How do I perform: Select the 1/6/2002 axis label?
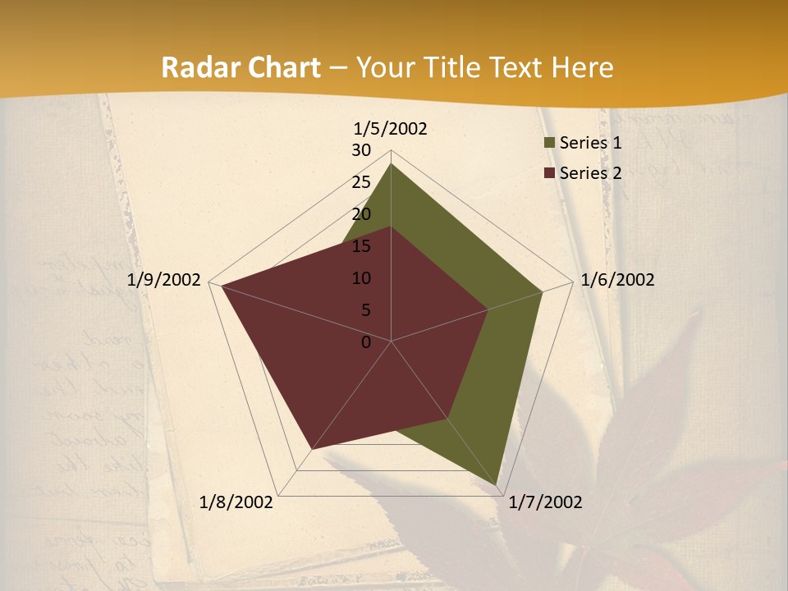[617, 280]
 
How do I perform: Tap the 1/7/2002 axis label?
[545, 502]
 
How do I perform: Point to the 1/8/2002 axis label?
[236, 502]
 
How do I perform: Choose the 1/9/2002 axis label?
[163, 280]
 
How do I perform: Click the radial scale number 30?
[361, 150]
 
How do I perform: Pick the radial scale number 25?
[361, 182]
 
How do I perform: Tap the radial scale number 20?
[361, 214]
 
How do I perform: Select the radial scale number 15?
[361, 246]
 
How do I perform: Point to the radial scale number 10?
[361, 278]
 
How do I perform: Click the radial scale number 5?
[366, 310]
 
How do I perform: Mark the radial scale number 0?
[366, 342]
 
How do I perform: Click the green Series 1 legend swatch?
[549, 144]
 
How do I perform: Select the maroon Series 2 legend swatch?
[549, 173]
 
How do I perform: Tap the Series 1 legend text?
[590, 143]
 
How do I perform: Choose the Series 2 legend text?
[590, 173]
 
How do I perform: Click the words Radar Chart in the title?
[241, 67]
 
